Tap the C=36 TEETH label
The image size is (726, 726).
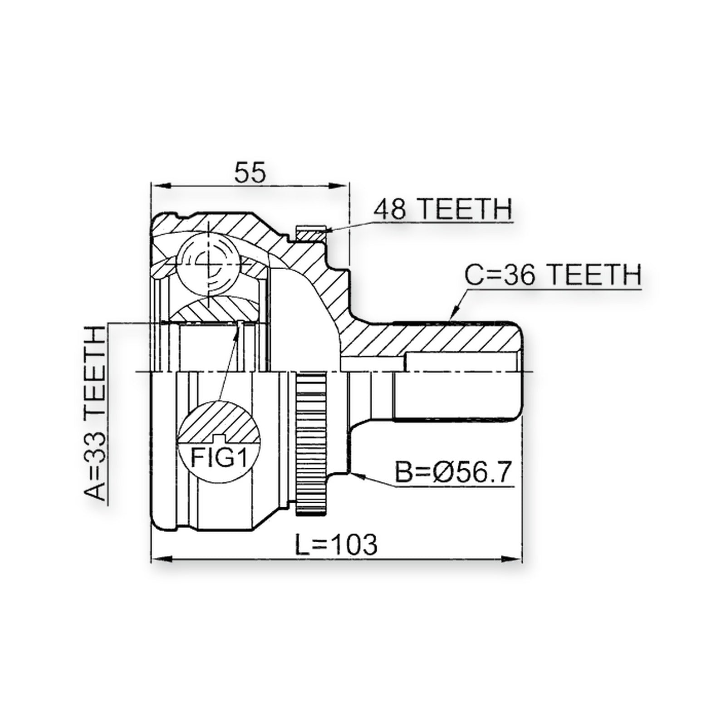(x=553, y=275)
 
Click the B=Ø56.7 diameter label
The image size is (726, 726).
(x=453, y=473)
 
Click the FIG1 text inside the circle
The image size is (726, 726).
(x=218, y=458)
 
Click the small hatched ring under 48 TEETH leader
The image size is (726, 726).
(x=311, y=235)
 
